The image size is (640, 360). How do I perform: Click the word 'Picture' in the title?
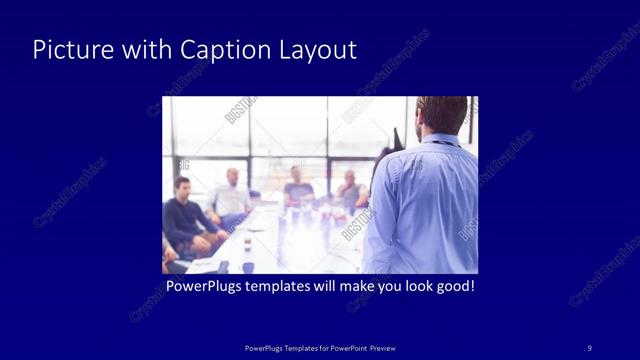coord(66,50)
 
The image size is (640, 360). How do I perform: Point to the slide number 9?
coord(589,347)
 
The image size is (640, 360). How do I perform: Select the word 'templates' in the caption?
coord(275,287)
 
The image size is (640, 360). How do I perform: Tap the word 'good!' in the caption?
coord(453,287)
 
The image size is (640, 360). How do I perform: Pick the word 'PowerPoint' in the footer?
coord(344,347)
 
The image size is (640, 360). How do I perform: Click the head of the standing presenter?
coord(441,114)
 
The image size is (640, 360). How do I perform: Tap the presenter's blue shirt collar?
coord(437,141)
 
